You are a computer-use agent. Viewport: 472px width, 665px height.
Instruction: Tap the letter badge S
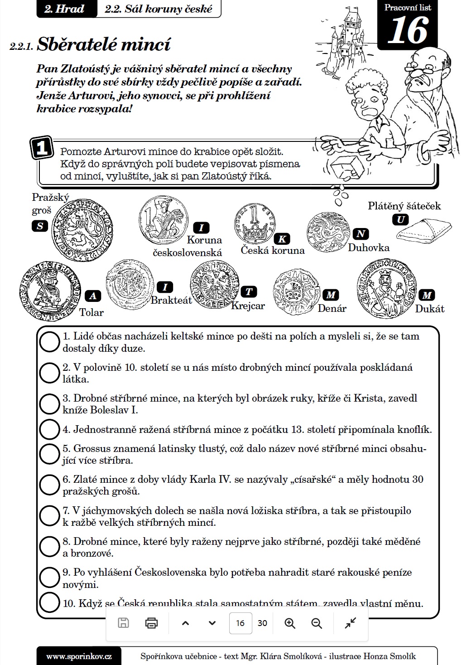point(40,226)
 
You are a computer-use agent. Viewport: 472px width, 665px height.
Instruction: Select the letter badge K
point(282,239)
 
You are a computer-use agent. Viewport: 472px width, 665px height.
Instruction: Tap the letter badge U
point(400,220)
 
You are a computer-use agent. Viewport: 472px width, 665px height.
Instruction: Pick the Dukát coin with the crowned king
point(385,288)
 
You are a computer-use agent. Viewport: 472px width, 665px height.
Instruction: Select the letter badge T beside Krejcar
point(249,291)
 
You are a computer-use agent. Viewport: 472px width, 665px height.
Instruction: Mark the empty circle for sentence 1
point(49,342)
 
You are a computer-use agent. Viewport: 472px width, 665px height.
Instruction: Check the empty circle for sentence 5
point(49,454)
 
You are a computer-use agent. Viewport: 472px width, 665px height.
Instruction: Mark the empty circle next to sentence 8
point(49,546)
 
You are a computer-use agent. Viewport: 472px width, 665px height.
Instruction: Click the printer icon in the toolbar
point(151,623)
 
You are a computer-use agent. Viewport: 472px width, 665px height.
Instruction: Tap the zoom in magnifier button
point(290,623)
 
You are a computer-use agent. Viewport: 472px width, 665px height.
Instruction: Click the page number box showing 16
point(240,623)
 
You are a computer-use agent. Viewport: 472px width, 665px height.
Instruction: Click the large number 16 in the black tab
point(407,30)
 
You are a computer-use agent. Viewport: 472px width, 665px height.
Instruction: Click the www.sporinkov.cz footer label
point(79,656)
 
